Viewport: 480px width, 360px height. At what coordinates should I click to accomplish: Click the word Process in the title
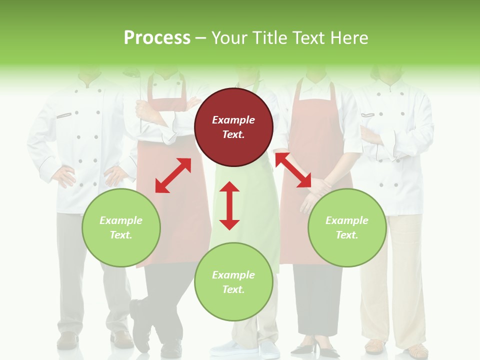tap(157, 38)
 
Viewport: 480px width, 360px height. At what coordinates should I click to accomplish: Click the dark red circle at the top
tap(233, 127)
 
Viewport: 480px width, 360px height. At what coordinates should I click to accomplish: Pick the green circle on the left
tap(121, 227)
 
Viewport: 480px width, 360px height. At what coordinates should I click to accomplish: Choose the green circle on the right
tap(347, 227)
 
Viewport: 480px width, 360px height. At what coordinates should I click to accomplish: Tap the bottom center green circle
tap(233, 281)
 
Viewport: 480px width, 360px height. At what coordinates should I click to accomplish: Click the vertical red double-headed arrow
tap(229, 205)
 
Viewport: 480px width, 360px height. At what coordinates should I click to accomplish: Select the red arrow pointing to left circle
tap(173, 175)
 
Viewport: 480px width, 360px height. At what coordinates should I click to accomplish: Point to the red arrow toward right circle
tap(293, 170)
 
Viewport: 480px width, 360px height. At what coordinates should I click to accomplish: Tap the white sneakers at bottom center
tap(245, 348)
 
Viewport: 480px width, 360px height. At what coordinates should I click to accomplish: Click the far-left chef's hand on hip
tap(64, 176)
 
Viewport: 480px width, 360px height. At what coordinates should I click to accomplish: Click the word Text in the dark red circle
tap(233, 134)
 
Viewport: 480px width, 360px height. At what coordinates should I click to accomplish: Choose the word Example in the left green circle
tap(121, 220)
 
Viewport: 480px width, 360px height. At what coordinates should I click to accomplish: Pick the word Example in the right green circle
tap(347, 220)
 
